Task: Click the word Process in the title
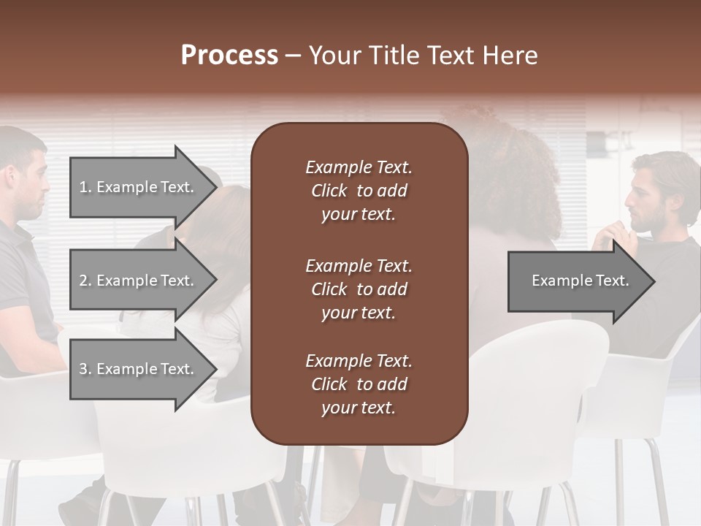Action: (229, 56)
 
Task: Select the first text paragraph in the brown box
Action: (359, 191)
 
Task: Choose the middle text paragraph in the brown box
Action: (359, 289)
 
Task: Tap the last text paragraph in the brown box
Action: (359, 384)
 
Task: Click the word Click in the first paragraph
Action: (329, 191)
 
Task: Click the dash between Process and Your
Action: (293, 56)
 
